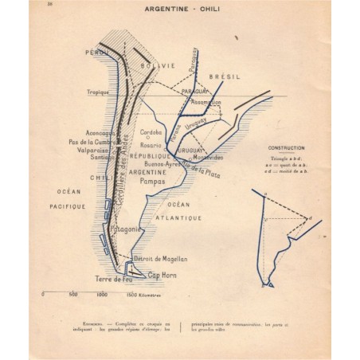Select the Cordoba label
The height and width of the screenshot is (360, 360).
(151, 132)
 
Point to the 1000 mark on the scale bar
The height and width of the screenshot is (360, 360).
(102, 294)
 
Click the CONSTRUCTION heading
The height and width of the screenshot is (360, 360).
(281, 149)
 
